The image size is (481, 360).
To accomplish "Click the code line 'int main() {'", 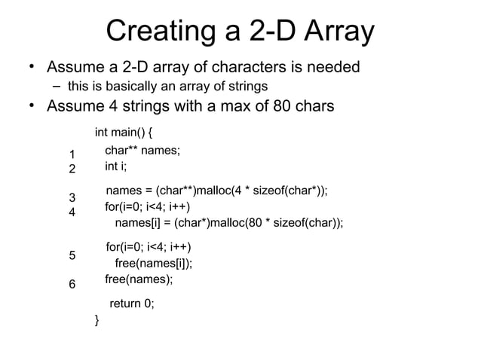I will pyautogui.click(x=124, y=133).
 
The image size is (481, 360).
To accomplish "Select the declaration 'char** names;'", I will pyautogui.click(x=142, y=151).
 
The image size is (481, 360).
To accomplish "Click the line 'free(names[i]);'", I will pyautogui.click(x=152, y=263).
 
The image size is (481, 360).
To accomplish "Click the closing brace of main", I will pyautogui.click(x=97, y=322).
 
